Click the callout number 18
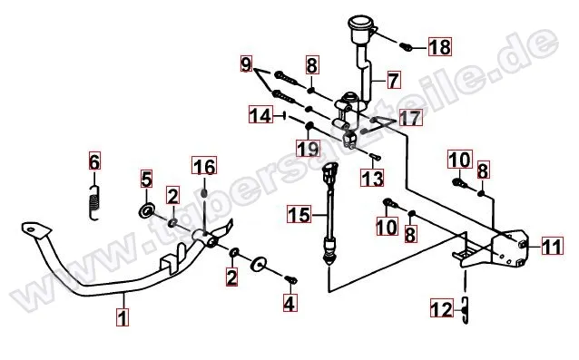[x=440, y=46]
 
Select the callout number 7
[x=393, y=80]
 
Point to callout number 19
[x=309, y=149]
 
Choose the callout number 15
[x=299, y=214]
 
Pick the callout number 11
[x=553, y=246]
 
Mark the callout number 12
[x=442, y=308]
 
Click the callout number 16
[x=204, y=165]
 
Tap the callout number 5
[x=147, y=179]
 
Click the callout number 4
[x=289, y=303]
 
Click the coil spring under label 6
[x=94, y=203]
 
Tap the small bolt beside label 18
[x=406, y=47]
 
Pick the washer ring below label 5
[x=147, y=211]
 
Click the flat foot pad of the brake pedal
[x=36, y=229]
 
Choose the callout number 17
[x=410, y=118]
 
